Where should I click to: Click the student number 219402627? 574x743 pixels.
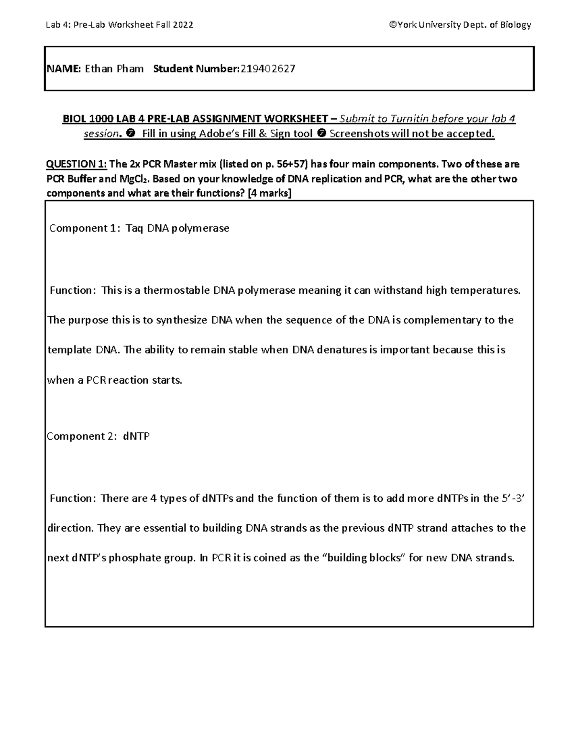(268, 69)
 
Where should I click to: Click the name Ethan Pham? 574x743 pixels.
(114, 69)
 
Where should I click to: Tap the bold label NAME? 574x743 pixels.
(64, 69)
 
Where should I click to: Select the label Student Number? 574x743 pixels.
(196, 69)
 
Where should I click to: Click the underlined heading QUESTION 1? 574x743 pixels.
(76, 164)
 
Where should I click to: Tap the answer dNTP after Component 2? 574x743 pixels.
(136, 436)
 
